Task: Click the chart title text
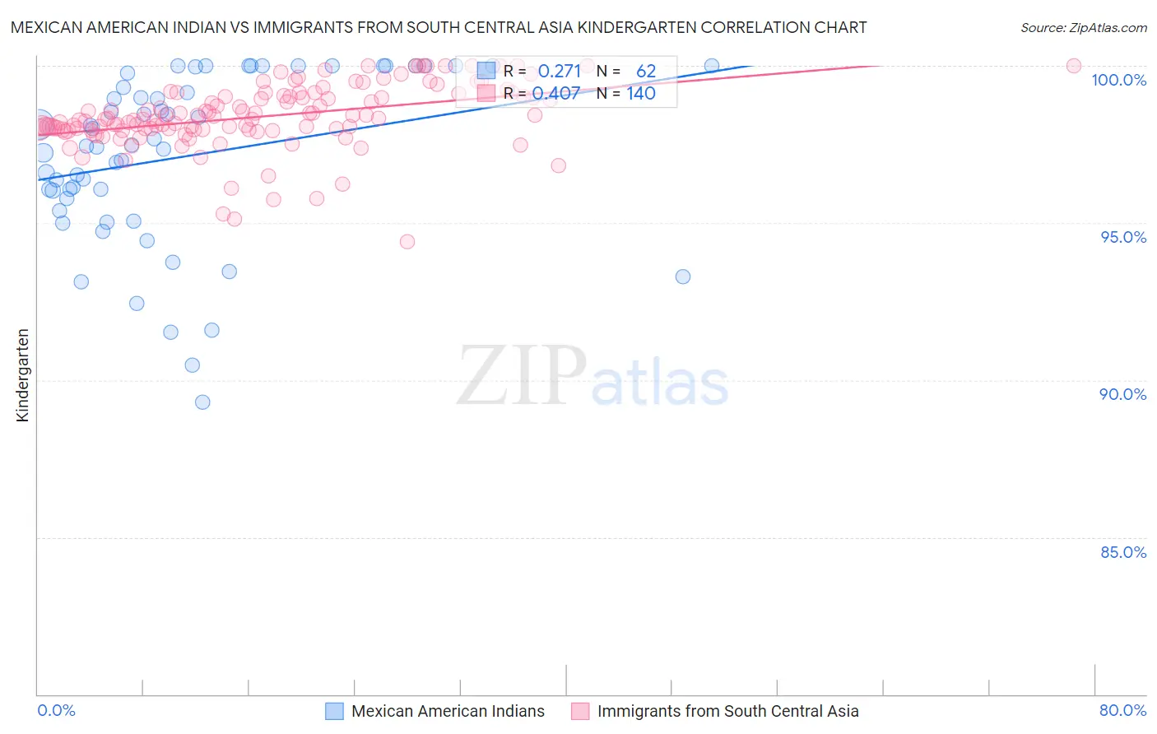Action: pyautogui.click(x=439, y=27)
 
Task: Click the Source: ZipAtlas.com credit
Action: pyautogui.click(x=1083, y=27)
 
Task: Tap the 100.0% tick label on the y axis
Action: pyautogui.click(x=1118, y=80)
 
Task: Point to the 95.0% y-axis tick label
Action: pyautogui.click(x=1123, y=237)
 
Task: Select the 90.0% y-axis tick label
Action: pyautogui.click(x=1123, y=394)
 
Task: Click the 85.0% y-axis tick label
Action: pyautogui.click(x=1123, y=552)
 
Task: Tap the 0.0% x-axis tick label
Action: pyautogui.click(x=56, y=710)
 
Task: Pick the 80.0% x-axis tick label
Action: pyautogui.click(x=1122, y=710)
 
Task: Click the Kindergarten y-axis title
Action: pyautogui.click(x=22, y=375)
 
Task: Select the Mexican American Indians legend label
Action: pyautogui.click(x=448, y=711)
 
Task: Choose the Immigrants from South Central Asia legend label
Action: pyautogui.click(x=727, y=711)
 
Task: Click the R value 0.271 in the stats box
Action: pyautogui.click(x=560, y=72)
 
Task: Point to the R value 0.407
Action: pyautogui.click(x=556, y=94)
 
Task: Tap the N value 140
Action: pyautogui.click(x=641, y=94)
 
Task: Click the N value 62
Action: pyautogui.click(x=646, y=72)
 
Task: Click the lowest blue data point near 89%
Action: pyautogui.click(x=202, y=402)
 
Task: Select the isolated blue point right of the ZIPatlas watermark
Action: pyautogui.click(x=683, y=276)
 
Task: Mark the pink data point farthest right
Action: pyautogui.click(x=1074, y=66)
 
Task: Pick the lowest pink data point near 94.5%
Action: pyautogui.click(x=407, y=242)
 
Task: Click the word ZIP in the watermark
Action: pyautogui.click(x=521, y=376)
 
